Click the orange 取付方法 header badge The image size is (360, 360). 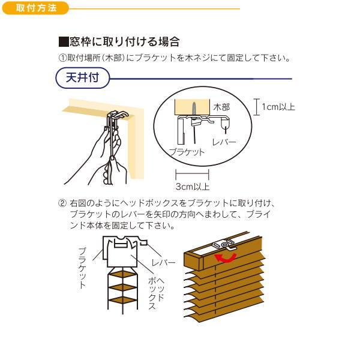[35, 8]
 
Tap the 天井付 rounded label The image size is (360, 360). [83, 77]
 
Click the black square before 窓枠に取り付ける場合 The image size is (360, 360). [64, 42]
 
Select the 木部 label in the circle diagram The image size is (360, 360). [221, 107]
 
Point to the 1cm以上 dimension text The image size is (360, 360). [278, 107]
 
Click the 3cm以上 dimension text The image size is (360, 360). [193, 187]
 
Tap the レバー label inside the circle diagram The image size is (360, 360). [224, 142]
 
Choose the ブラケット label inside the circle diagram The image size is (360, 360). [187, 152]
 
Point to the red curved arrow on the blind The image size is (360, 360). [226, 258]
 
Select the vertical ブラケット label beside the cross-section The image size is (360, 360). [82, 268]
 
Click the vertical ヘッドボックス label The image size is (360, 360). [156, 293]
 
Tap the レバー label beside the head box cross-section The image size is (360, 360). [163, 262]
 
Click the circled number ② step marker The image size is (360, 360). [62, 203]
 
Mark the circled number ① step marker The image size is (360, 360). [62, 58]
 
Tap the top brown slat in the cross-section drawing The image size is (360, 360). [122, 274]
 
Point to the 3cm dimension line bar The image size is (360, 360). [192, 174]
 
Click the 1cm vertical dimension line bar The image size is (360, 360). [257, 107]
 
